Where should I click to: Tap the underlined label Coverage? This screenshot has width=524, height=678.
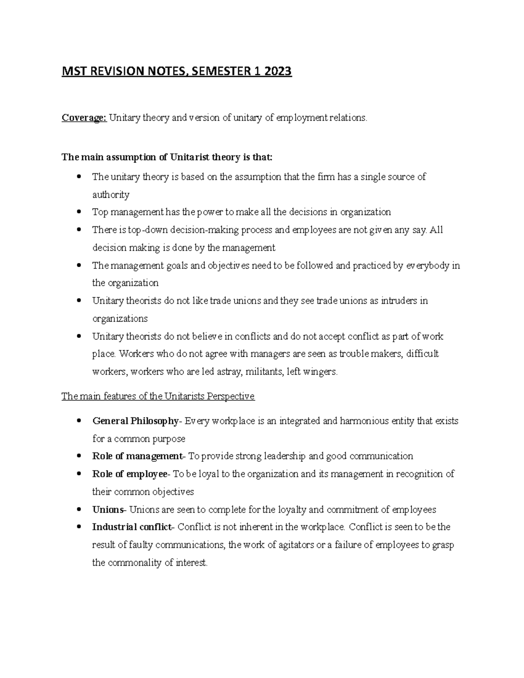[x=84, y=118]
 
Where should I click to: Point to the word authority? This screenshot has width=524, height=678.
[x=111, y=195]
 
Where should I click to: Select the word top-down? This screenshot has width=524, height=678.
[x=148, y=230]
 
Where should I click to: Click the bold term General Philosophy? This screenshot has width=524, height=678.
[x=135, y=421]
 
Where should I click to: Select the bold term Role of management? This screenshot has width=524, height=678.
[x=137, y=456]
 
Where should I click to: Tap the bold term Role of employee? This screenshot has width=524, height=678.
[x=130, y=474]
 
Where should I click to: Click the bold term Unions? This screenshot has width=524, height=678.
[x=108, y=510]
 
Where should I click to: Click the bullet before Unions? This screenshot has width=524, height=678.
[x=79, y=510]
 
